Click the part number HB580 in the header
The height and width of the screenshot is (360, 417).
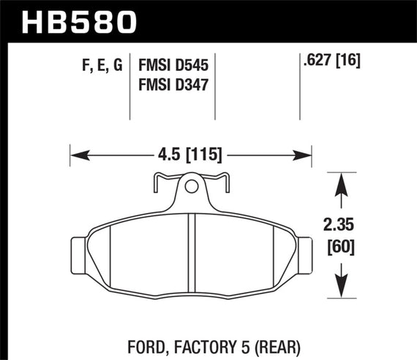tap(80, 21)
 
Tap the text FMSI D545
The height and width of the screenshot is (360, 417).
tap(174, 66)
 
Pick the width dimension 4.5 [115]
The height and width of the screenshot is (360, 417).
tap(189, 154)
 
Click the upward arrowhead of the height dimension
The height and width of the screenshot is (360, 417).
tap(339, 184)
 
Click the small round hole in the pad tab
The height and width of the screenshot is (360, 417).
tap(191, 187)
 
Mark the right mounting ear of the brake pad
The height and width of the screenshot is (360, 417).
tap(302, 252)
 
